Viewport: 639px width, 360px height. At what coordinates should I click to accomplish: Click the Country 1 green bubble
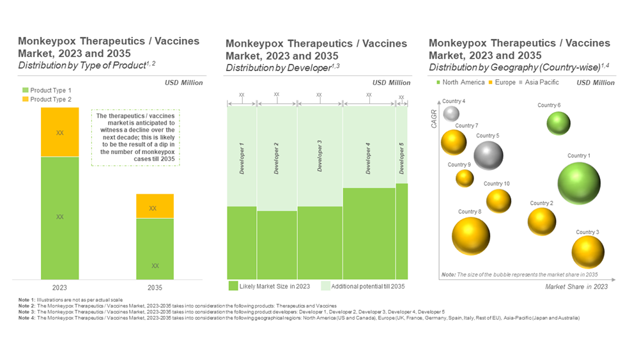coord(579,184)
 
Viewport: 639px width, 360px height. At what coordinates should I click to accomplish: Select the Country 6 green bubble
coord(558,123)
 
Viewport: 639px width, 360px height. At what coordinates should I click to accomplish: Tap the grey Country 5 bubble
coord(488,155)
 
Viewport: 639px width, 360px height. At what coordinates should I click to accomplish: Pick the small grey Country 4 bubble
coord(451,113)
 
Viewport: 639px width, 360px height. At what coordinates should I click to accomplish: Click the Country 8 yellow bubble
coord(471,235)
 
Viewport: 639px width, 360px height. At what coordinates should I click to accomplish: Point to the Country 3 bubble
coord(588,251)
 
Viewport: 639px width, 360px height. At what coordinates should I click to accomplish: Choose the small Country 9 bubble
coord(465,178)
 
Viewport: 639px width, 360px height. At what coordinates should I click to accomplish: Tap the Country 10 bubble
coord(498,201)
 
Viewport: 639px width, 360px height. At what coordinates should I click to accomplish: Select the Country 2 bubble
coord(542,221)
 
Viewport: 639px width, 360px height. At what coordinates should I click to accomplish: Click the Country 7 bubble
coord(454,142)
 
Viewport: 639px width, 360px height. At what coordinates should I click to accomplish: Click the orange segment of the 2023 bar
coord(60,132)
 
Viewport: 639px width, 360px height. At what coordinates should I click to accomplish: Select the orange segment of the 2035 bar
coord(155,207)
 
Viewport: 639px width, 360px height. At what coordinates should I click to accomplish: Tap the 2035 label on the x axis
coord(155,288)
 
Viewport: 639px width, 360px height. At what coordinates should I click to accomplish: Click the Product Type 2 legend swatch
coord(26,100)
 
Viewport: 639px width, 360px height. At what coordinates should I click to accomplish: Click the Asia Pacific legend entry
coord(540,82)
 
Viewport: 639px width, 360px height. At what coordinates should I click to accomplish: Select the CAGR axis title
coord(435,120)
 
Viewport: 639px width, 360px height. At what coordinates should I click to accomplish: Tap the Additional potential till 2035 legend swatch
coord(325,286)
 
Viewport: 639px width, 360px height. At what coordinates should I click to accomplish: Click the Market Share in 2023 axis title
coord(576,286)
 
